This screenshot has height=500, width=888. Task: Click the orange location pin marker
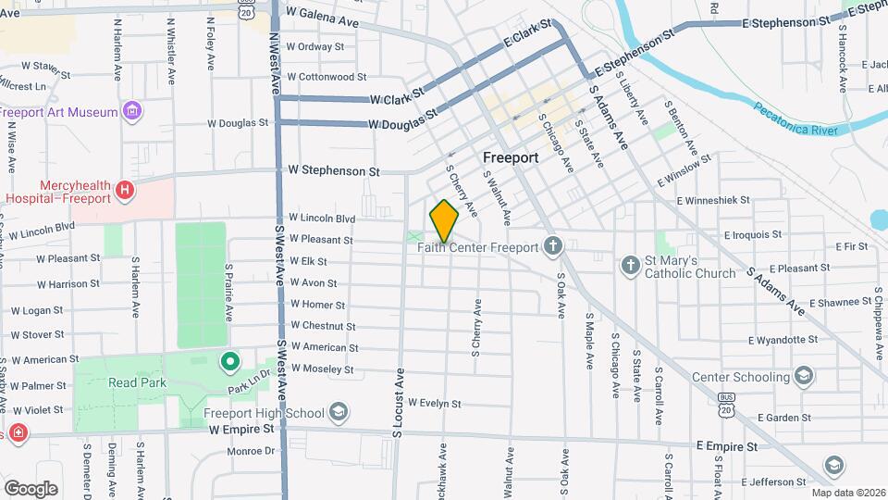coord(444,220)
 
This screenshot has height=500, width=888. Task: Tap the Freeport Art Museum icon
coord(133,112)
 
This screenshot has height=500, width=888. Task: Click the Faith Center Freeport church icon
coord(553,246)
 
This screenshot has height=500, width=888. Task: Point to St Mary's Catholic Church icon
coord(631,267)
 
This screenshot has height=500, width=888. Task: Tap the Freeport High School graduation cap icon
coord(339,413)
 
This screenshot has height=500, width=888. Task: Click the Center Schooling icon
coord(803,376)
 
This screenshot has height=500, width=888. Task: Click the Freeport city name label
coord(511,158)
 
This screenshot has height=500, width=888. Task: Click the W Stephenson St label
coord(334,171)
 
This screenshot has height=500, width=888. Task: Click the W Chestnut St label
coord(323,326)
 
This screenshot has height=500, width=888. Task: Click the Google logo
coord(31,488)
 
